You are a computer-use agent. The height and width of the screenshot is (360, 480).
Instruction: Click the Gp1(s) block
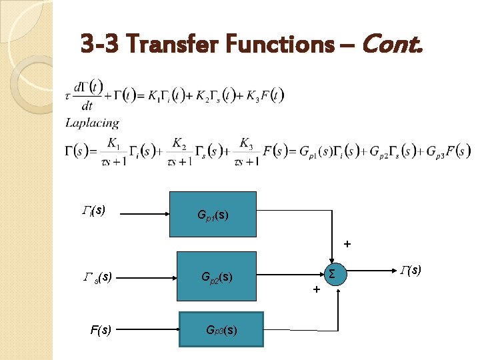[213, 215]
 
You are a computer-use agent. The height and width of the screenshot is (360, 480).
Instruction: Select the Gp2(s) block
[216, 276]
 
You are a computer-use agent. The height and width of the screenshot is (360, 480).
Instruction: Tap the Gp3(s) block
[221, 329]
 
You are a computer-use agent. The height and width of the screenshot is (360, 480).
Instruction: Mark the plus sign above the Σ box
[347, 245]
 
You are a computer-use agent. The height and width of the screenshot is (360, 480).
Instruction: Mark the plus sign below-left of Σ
[316, 290]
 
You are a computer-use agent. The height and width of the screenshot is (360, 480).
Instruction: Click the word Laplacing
[92, 123]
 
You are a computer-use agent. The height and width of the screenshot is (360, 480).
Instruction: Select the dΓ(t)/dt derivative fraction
[87, 95]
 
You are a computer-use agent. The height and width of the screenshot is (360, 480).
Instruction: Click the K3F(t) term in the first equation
[268, 95]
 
